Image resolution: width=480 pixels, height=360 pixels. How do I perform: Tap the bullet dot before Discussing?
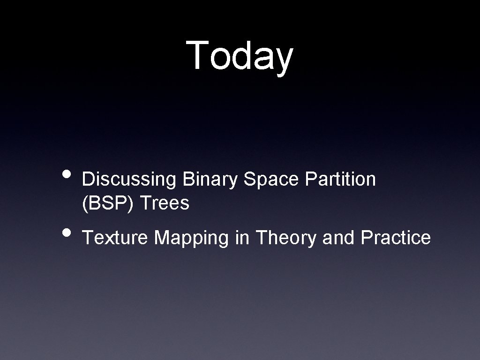[x=68, y=174]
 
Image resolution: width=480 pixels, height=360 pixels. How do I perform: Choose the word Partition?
[x=340, y=179]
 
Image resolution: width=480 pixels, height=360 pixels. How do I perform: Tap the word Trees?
[x=165, y=203]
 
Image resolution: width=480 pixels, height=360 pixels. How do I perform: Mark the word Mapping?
[x=192, y=238]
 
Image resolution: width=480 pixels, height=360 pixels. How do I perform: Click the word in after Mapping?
[x=242, y=238]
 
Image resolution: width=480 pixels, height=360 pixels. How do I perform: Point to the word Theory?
[x=286, y=238]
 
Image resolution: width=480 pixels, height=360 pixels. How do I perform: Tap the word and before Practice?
[x=339, y=238]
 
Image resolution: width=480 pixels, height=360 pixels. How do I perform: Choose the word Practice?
[x=396, y=238]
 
